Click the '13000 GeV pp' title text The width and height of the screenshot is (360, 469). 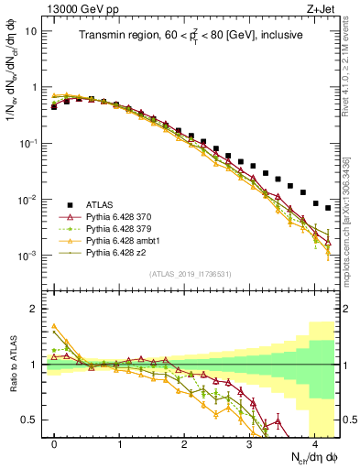(78, 8)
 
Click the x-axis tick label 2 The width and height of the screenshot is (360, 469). (185, 443)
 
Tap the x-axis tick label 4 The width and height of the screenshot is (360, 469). (315, 443)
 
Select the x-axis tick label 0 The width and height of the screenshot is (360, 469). (55, 443)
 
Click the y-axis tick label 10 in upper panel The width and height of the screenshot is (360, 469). (31, 30)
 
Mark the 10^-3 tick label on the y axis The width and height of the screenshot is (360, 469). (27, 256)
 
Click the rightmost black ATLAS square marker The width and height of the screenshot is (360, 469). (328, 208)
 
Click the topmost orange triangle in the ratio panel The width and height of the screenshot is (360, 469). (54, 325)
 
